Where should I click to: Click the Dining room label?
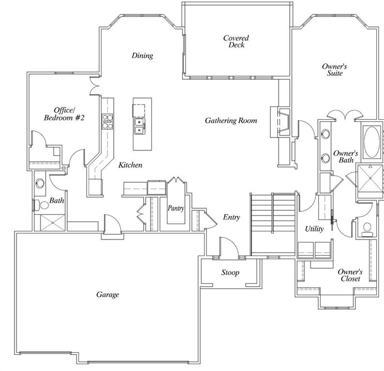pos(142,56)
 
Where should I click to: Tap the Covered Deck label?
pos(236,42)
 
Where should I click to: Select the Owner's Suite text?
pos(335,70)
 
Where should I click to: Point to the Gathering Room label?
pos(231,120)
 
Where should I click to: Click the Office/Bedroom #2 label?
pos(64,114)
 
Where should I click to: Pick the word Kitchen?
pos(131,165)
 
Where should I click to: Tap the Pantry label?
pos(176,208)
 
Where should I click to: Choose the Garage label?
pos(107,294)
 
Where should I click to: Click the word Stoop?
pos(230,272)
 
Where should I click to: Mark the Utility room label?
pos(314,229)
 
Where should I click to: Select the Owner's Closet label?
pos(350,275)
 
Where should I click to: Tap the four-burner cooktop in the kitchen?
pos(107,121)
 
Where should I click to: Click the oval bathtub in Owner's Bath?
pos(372,142)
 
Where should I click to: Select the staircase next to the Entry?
pos(272,224)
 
